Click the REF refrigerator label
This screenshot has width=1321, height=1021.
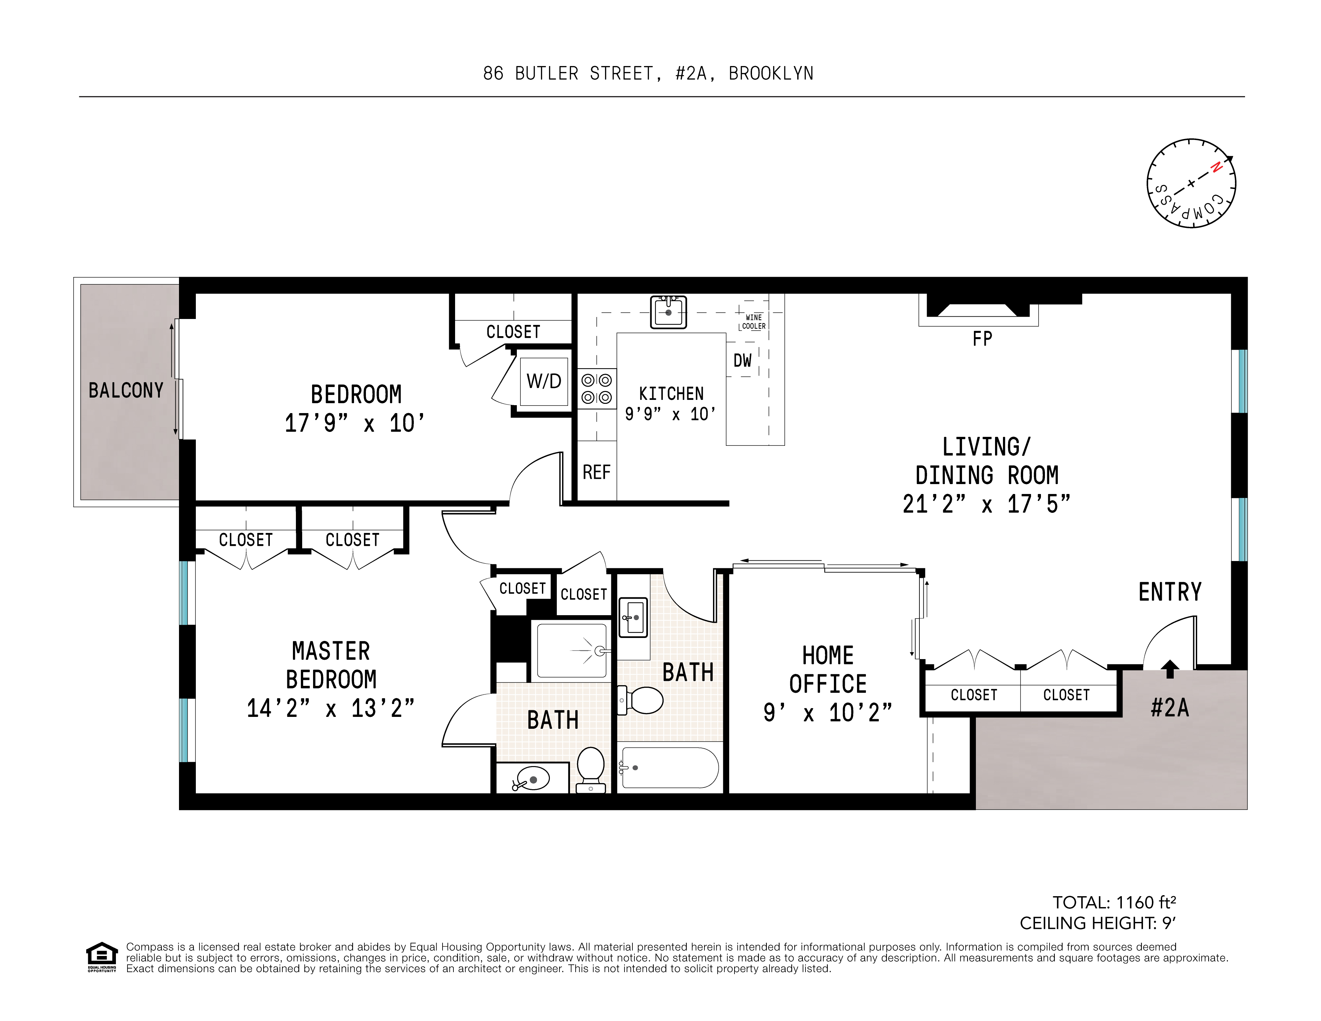(x=596, y=472)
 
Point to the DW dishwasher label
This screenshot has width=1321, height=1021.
(x=742, y=361)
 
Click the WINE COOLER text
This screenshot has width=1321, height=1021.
(x=754, y=322)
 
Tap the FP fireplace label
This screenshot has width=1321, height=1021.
(x=982, y=339)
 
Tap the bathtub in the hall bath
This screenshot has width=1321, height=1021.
(x=669, y=767)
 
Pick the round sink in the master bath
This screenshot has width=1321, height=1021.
(x=532, y=780)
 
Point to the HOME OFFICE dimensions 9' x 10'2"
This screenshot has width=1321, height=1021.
(x=827, y=713)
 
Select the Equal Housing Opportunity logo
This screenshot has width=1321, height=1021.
(x=102, y=957)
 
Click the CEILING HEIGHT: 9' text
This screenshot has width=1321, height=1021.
(x=1097, y=923)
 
